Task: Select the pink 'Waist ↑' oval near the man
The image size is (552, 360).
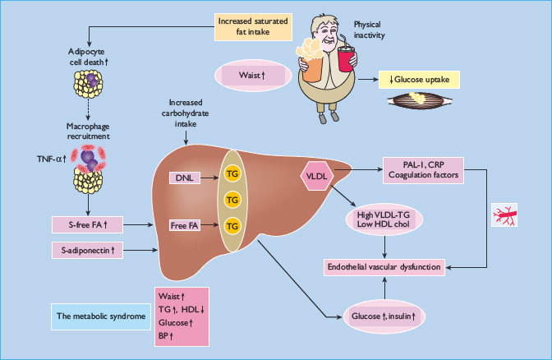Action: click(x=251, y=76)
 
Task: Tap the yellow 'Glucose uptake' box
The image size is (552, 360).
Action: click(x=420, y=79)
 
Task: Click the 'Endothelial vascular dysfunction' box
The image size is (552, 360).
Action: click(x=384, y=266)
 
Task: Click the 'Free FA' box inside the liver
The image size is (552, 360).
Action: click(x=184, y=224)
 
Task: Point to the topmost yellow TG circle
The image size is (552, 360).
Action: click(x=232, y=174)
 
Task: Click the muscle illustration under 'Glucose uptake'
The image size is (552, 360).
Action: click(x=420, y=102)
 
